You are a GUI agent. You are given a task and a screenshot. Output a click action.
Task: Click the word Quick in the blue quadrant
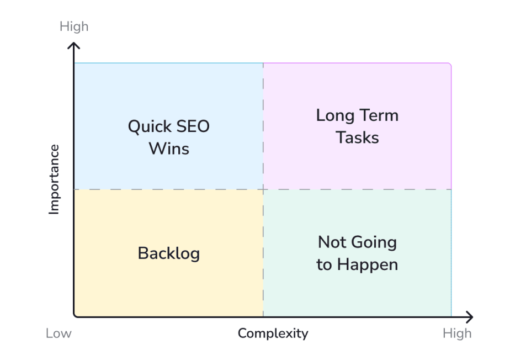146,127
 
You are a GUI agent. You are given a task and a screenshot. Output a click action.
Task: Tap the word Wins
169,149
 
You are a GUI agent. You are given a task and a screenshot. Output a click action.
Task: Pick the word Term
379,115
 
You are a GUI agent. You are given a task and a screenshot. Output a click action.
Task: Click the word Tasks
357,137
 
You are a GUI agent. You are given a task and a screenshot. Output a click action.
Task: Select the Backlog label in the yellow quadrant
168,253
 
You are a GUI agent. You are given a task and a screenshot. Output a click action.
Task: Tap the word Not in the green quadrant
331,242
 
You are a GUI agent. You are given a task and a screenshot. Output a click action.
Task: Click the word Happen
368,265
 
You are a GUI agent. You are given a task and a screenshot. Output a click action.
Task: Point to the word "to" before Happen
324,265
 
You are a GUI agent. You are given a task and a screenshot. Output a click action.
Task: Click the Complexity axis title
273,333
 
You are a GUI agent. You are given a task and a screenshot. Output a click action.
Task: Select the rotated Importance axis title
54,179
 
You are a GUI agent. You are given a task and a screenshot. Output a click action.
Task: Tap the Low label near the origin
59,333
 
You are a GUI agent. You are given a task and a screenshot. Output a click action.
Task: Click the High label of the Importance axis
74,27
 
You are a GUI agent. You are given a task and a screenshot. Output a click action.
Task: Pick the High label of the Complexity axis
457,333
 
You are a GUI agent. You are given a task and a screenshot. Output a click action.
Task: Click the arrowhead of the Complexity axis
470,317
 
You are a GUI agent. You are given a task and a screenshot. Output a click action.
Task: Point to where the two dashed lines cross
263,189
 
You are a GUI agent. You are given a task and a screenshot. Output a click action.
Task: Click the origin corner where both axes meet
75,317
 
